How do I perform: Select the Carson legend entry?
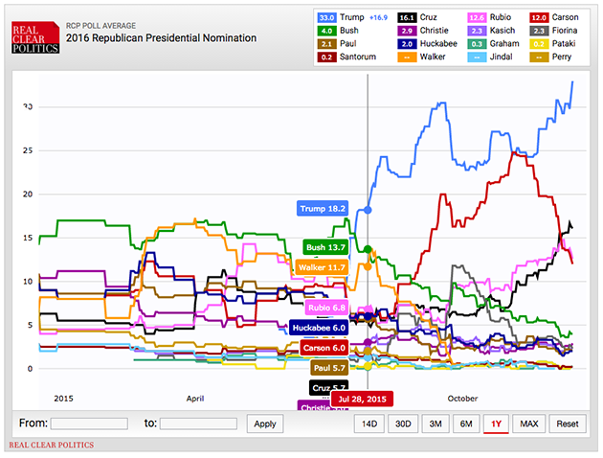coord(558,16)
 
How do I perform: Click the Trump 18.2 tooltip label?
coord(323,208)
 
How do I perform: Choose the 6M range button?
coord(466,423)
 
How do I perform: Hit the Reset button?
coord(568,423)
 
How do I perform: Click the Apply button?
coord(265,423)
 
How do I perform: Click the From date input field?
coord(89,423)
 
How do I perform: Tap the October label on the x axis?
coord(461,397)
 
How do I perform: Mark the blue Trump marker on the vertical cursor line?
coord(368,209)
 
